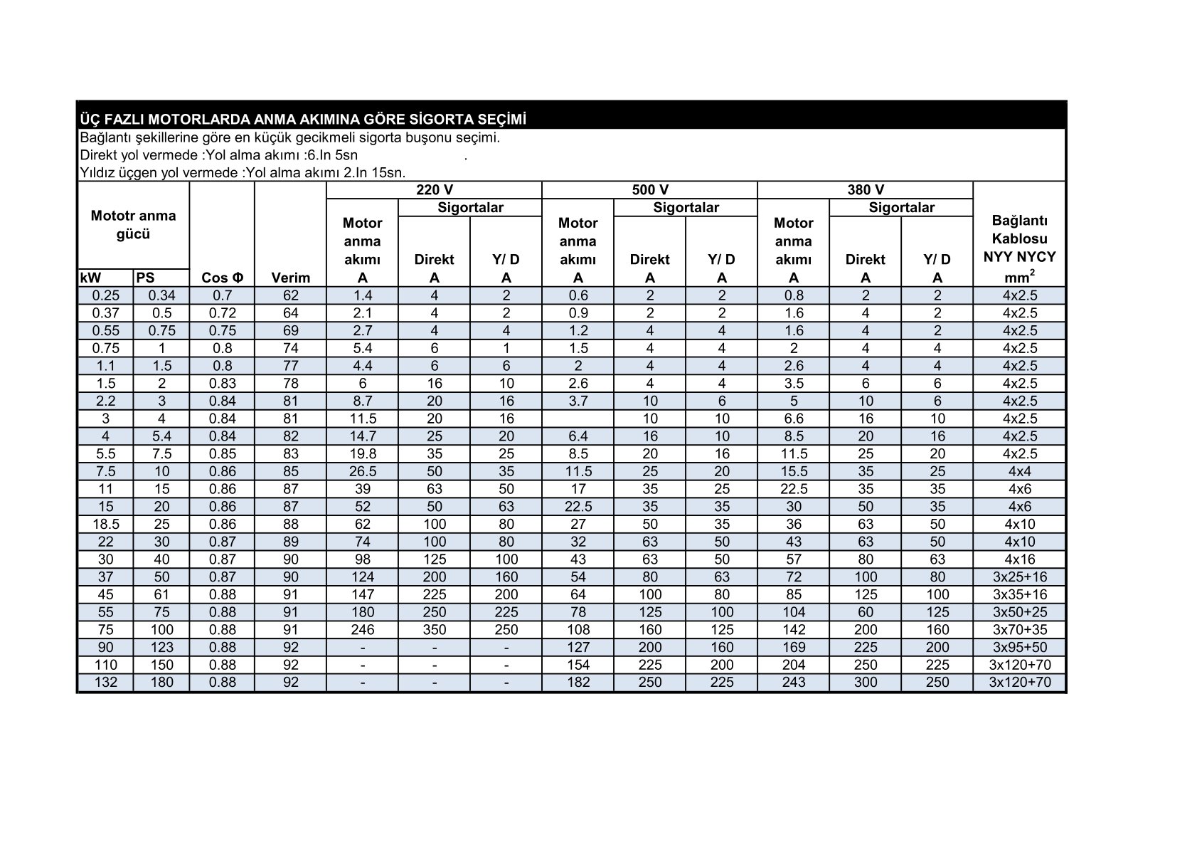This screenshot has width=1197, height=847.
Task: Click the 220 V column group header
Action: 434,190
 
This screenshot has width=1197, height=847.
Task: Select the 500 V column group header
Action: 649,190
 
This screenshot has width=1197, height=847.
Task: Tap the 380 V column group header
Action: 865,190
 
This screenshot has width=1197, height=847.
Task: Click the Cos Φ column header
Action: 222,278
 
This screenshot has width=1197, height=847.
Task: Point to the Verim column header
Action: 290,278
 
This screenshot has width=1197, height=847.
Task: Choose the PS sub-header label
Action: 145,278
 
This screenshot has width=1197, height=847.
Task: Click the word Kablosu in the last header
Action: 1019,238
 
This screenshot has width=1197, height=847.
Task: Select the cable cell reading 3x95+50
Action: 1019,647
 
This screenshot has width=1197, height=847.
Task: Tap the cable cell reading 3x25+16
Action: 1019,577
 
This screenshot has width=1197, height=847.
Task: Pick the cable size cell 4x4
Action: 1019,471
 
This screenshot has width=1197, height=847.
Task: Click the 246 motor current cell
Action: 362,629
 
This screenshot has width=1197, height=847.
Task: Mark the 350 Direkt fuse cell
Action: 434,629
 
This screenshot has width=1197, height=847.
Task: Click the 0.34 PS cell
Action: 161,295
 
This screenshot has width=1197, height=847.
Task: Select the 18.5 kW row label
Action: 106,524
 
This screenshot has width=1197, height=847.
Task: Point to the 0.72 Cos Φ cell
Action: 222,313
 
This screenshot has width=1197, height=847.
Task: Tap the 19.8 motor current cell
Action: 362,453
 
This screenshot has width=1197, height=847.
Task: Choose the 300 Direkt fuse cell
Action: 865,682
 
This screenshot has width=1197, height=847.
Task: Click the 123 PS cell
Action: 161,647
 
